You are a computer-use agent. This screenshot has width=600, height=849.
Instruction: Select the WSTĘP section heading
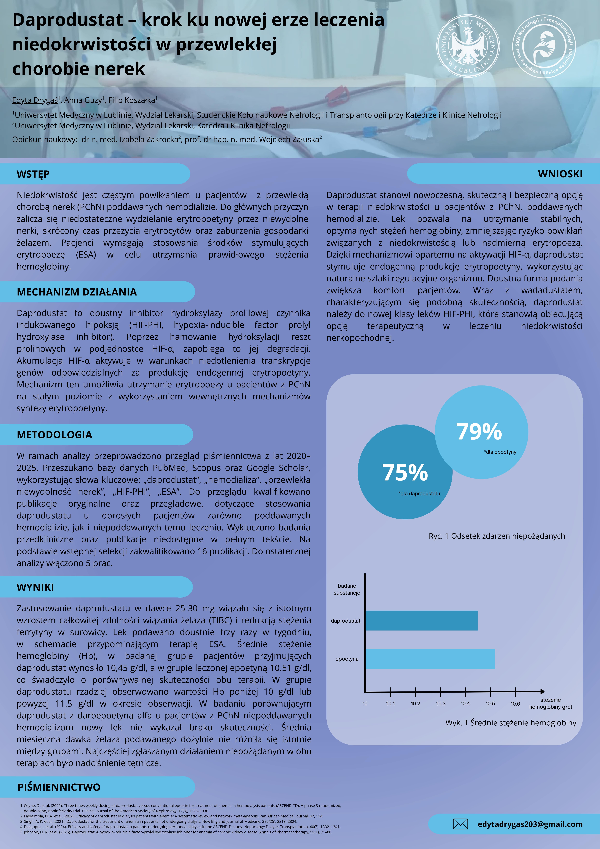click(x=33, y=174)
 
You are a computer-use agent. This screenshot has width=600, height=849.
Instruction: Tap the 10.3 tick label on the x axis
click(x=441, y=704)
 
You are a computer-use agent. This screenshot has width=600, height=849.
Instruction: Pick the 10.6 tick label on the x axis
click(x=515, y=704)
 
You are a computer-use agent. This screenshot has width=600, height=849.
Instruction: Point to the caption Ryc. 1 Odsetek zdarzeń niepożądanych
click(x=496, y=536)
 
